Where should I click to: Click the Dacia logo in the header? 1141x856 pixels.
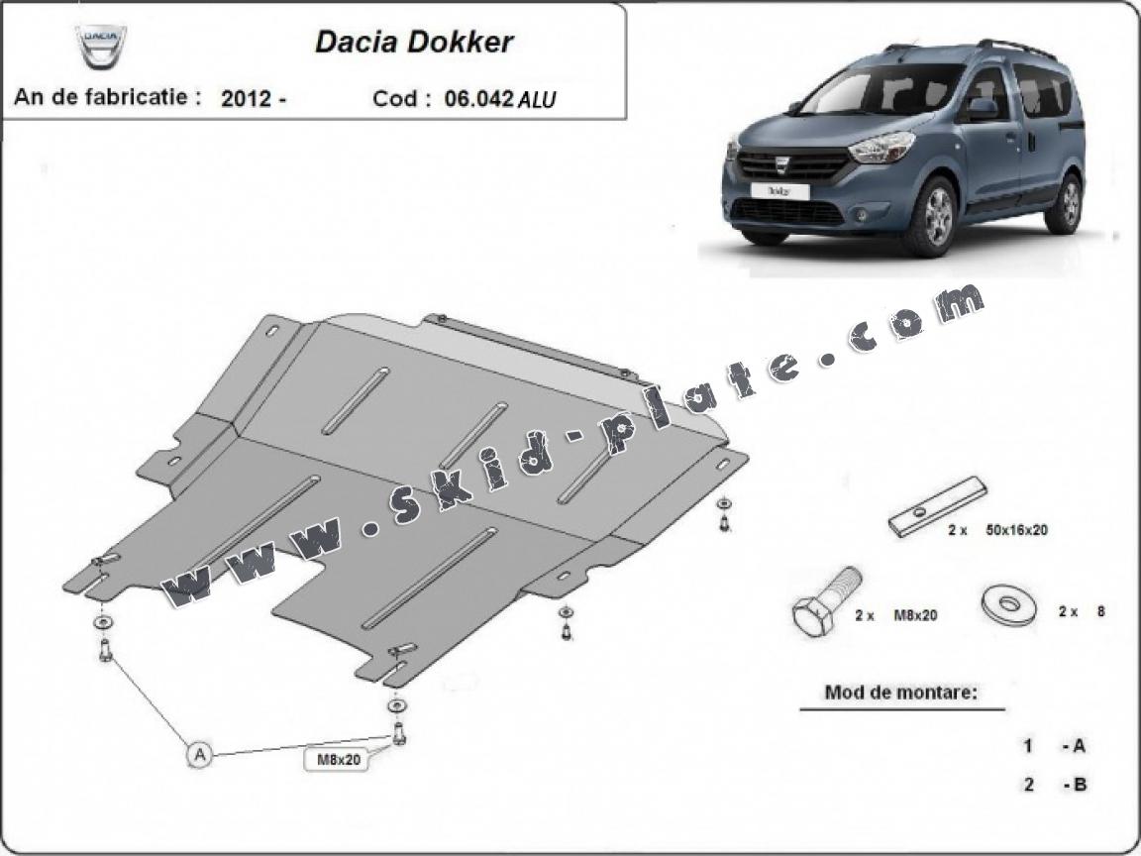(x=103, y=45)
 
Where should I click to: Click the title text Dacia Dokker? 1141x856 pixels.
(x=414, y=42)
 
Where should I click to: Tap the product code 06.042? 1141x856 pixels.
(x=478, y=99)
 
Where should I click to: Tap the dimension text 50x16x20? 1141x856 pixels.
(x=1016, y=530)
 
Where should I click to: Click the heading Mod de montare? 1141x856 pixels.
(x=900, y=693)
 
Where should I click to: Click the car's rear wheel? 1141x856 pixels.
(x=1067, y=201)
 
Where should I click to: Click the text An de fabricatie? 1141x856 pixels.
(x=107, y=98)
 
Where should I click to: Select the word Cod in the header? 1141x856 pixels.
(x=396, y=99)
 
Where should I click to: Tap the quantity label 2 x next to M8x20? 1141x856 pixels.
(x=865, y=615)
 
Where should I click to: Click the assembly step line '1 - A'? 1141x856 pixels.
(x=1056, y=746)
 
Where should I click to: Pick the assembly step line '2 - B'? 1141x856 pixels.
(x=1056, y=785)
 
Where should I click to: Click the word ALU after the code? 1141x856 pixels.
(x=539, y=100)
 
